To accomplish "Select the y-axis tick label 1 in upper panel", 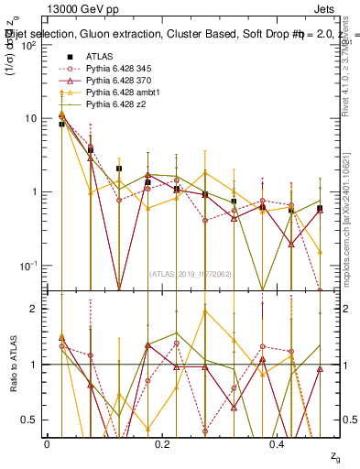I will [x=34, y=192].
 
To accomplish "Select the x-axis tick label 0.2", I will [x=163, y=444].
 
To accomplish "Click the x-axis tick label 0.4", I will [x=279, y=444].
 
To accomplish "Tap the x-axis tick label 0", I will [x=47, y=444].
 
